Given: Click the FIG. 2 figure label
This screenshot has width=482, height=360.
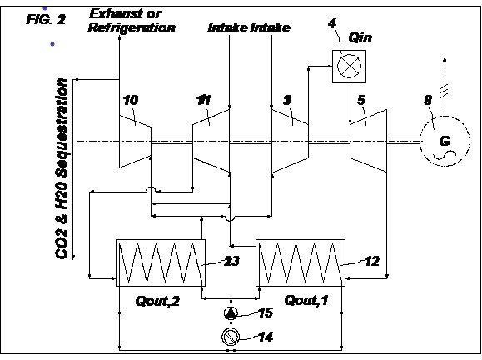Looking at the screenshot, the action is [46, 19].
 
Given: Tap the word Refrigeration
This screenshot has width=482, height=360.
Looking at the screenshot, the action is [132, 27].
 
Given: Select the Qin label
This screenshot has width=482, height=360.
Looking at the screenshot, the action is [360, 38].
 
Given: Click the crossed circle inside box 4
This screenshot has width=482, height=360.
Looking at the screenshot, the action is [349, 67].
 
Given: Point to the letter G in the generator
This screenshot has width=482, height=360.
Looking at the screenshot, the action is [445, 141].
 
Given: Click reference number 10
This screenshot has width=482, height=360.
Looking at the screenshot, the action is [131, 100].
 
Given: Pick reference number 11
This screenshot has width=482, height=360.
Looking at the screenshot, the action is [203, 100].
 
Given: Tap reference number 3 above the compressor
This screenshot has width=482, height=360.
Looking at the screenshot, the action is [287, 100].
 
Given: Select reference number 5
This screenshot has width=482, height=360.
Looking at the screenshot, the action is [361, 100].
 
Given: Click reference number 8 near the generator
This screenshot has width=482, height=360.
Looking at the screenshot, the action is [428, 100].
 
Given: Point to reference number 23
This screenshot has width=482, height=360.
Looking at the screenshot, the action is [231, 261].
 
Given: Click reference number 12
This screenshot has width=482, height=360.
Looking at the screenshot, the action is [372, 261].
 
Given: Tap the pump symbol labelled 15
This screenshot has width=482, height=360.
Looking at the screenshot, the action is [231, 313].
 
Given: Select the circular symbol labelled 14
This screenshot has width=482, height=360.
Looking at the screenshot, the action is [231, 337].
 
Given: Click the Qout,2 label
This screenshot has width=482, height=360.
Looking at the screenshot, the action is [157, 301].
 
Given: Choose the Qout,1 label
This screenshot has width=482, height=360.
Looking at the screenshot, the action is [306, 300].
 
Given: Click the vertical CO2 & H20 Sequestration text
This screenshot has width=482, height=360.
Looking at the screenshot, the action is [62, 168].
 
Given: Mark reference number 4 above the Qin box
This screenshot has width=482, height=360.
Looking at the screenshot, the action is [332, 23].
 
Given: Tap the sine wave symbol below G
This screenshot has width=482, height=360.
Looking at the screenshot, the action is [445, 155].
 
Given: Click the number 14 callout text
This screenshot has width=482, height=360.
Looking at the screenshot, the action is [266, 337].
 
